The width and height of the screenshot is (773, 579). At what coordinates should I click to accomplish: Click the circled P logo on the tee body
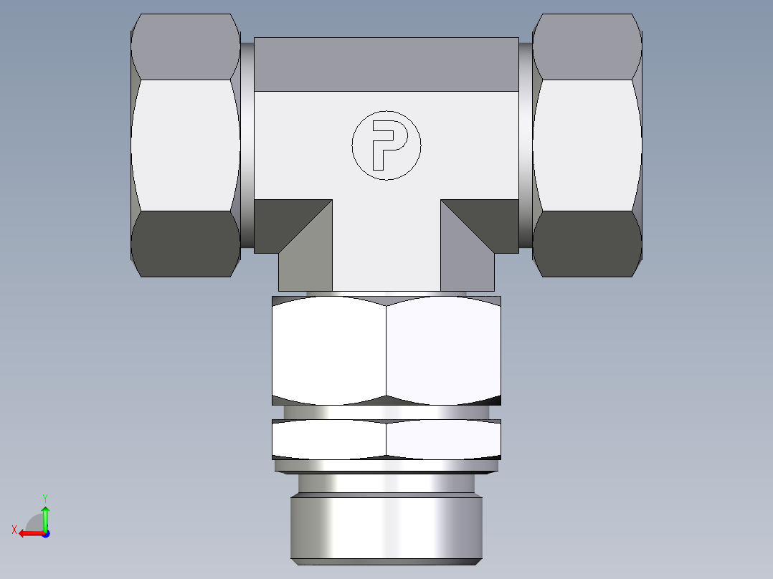coord(386,145)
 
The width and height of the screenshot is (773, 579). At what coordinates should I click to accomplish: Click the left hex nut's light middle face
coord(186,145)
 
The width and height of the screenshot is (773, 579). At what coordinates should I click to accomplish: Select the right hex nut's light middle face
coord(587,145)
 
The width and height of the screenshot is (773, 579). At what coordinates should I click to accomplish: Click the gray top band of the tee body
coord(386,64)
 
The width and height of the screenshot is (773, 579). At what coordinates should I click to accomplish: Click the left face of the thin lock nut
coord(329,439)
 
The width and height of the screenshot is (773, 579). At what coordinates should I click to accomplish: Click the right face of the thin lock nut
coord(443,439)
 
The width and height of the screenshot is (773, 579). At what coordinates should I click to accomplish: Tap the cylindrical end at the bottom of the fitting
coord(386,527)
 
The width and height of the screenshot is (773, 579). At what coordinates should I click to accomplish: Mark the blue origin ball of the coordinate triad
coord(45,533)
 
